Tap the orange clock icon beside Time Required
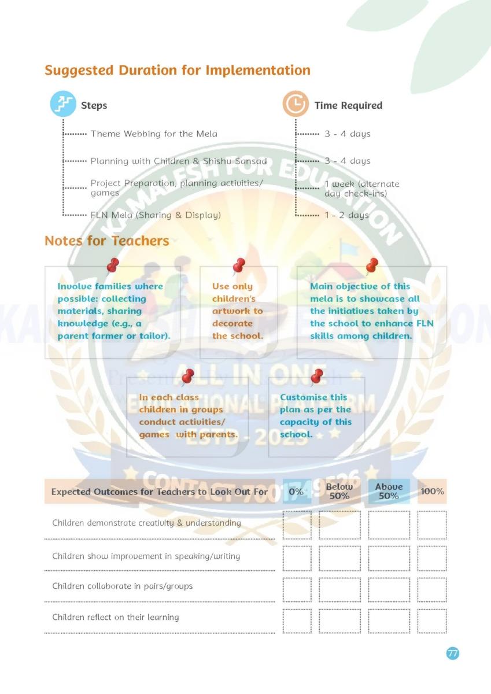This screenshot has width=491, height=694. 296,105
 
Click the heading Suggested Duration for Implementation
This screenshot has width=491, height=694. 178,71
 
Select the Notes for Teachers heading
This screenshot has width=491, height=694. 107,241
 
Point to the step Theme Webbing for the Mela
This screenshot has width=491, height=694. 154,134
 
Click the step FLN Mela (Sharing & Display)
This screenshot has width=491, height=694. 156,215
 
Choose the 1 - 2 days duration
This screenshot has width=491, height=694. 346,215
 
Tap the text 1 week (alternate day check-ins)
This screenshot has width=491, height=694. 361,188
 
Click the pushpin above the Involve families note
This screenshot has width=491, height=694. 113,265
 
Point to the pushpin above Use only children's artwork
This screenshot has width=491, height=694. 238,265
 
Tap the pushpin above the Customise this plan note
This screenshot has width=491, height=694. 316,377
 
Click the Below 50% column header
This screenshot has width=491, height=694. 339,492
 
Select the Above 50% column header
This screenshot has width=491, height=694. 389,492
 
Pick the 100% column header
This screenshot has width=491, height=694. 433,492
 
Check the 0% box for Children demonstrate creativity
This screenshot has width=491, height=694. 297,525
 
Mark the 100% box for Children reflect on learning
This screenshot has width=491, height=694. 432,621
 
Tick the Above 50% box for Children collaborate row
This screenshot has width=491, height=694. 389,589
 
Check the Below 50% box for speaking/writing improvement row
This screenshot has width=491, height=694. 339,556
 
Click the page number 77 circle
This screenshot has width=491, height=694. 453,653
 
